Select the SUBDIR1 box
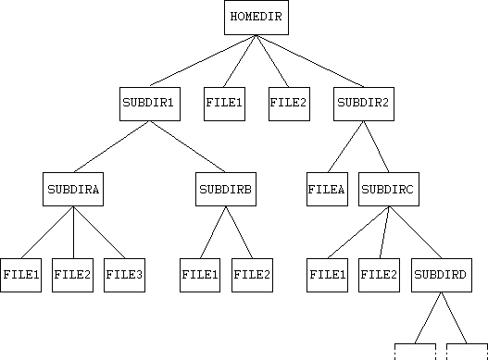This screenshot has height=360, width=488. tap(148, 103)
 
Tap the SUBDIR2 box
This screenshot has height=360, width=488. tap(362, 103)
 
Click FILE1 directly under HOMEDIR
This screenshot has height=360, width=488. tap(224, 103)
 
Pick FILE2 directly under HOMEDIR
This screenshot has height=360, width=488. tap(289, 103)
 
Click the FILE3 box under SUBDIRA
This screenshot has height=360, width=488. tap(124, 275)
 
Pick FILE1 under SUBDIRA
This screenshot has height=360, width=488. tap(21, 275)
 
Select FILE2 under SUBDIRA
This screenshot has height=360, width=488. tap(72, 275)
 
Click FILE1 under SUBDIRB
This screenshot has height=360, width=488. tap(200, 275)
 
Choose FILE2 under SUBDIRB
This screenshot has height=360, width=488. tap(251, 275)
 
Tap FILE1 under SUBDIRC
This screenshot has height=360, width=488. tap(327, 275)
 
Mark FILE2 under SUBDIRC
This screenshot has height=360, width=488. tap(378, 275)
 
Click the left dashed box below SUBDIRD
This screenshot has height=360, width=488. tap(415, 352)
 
